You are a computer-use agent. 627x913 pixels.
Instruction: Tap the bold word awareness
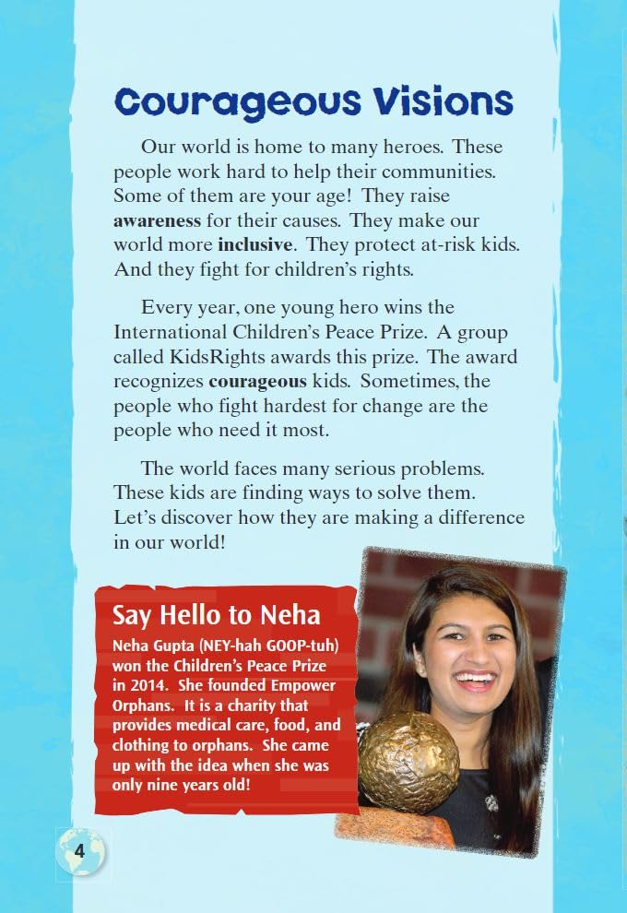(x=157, y=221)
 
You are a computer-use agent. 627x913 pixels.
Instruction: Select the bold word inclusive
(x=255, y=246)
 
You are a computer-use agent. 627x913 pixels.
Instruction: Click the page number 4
(x=81, y=850)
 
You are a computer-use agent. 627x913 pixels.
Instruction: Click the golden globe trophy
(x=408, y=761)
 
